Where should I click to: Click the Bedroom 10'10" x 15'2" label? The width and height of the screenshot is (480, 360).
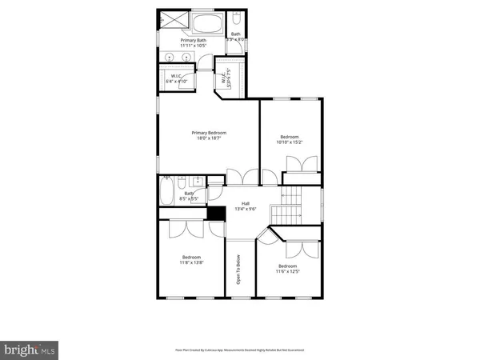click(290, 137)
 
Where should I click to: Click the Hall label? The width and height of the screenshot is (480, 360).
click(239, 203)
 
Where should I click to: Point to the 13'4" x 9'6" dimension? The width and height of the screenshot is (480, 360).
click(239, 210)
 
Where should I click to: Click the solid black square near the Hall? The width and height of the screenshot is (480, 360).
click(214, 213)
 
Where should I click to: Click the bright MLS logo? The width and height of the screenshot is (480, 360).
click(30, 349)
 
